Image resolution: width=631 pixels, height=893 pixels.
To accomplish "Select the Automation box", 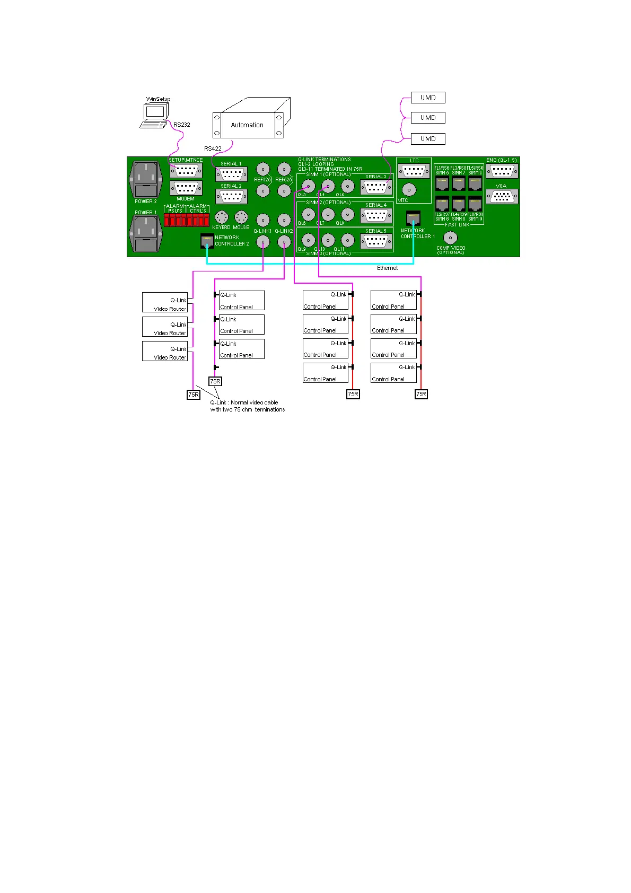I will (247, 125).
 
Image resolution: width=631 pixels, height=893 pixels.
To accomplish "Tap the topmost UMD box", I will (428, 98).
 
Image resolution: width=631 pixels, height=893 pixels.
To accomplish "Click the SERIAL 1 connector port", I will (231, 174).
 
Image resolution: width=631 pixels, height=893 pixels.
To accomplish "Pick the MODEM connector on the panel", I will (186, 188).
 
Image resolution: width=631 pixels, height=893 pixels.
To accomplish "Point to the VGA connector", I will (502, 196).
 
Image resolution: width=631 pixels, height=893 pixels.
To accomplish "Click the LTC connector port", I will (414, 171).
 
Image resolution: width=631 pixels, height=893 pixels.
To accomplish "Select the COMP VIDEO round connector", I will (450, 238).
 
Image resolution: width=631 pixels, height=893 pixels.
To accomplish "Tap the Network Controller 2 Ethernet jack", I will (207, 241).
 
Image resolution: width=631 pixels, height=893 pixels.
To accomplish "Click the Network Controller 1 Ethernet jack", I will (413, 218).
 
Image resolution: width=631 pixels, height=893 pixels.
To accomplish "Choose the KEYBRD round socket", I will (221, 217).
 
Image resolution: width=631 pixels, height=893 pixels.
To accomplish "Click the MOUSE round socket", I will (241, 217).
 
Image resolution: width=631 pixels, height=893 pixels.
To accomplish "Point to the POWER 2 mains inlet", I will (145, 179).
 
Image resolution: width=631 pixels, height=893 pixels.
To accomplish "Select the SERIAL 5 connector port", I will (376, 241).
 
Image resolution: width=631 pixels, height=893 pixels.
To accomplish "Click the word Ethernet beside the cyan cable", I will (387, 268).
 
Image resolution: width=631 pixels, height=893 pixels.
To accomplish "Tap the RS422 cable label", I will (213, 148).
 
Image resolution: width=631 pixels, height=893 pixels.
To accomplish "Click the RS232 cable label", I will (181, 125).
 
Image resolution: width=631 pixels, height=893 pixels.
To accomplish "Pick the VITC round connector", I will (409, 189).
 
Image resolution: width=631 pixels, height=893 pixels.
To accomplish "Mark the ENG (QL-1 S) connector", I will (502, 171).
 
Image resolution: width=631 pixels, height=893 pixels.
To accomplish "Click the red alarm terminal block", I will (187, 220).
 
